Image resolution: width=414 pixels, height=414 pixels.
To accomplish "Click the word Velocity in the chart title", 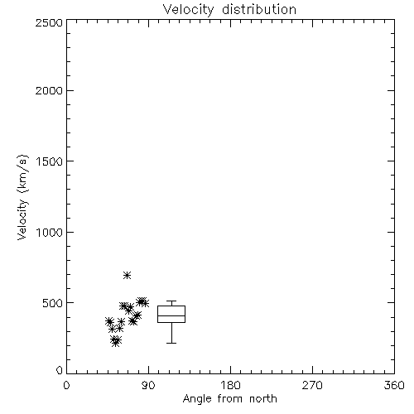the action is point(188,10).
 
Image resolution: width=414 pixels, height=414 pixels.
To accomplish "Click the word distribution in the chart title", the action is point(259,9).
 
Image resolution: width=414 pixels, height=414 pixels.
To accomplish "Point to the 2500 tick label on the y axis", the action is point(49,22).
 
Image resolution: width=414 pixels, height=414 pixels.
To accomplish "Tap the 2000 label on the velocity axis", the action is point(49,90).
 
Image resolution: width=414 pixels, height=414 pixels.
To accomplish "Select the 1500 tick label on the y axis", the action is point(50,161).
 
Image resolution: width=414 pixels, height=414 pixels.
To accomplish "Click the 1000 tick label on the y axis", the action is point(50,232).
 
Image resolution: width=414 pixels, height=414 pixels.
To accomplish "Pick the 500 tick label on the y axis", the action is point(52,303).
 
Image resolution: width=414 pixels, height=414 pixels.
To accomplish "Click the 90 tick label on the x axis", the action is point(148,385).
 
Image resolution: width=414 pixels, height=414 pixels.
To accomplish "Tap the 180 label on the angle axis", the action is point(230,385).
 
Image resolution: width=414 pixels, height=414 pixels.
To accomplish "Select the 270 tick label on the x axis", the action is point(312,385).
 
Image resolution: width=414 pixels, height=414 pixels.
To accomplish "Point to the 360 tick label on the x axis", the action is point(394,385).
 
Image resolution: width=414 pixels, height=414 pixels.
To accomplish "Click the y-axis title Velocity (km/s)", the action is point(22,197).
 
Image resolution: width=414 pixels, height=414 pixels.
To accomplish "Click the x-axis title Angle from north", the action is point(230,399).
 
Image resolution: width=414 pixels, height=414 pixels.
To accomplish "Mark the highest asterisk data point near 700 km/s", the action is point(127,275).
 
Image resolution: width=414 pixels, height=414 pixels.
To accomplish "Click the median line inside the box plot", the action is point(171,315).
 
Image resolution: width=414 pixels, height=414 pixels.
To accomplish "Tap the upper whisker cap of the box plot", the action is point(171,301).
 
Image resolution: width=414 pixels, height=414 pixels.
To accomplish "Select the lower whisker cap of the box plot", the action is point(171,343).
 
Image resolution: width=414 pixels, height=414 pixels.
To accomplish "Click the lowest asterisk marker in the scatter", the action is point(116,343).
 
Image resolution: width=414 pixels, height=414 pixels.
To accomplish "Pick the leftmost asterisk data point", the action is point(109,321).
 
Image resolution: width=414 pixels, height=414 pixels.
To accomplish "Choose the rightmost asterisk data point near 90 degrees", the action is point(145,303).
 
